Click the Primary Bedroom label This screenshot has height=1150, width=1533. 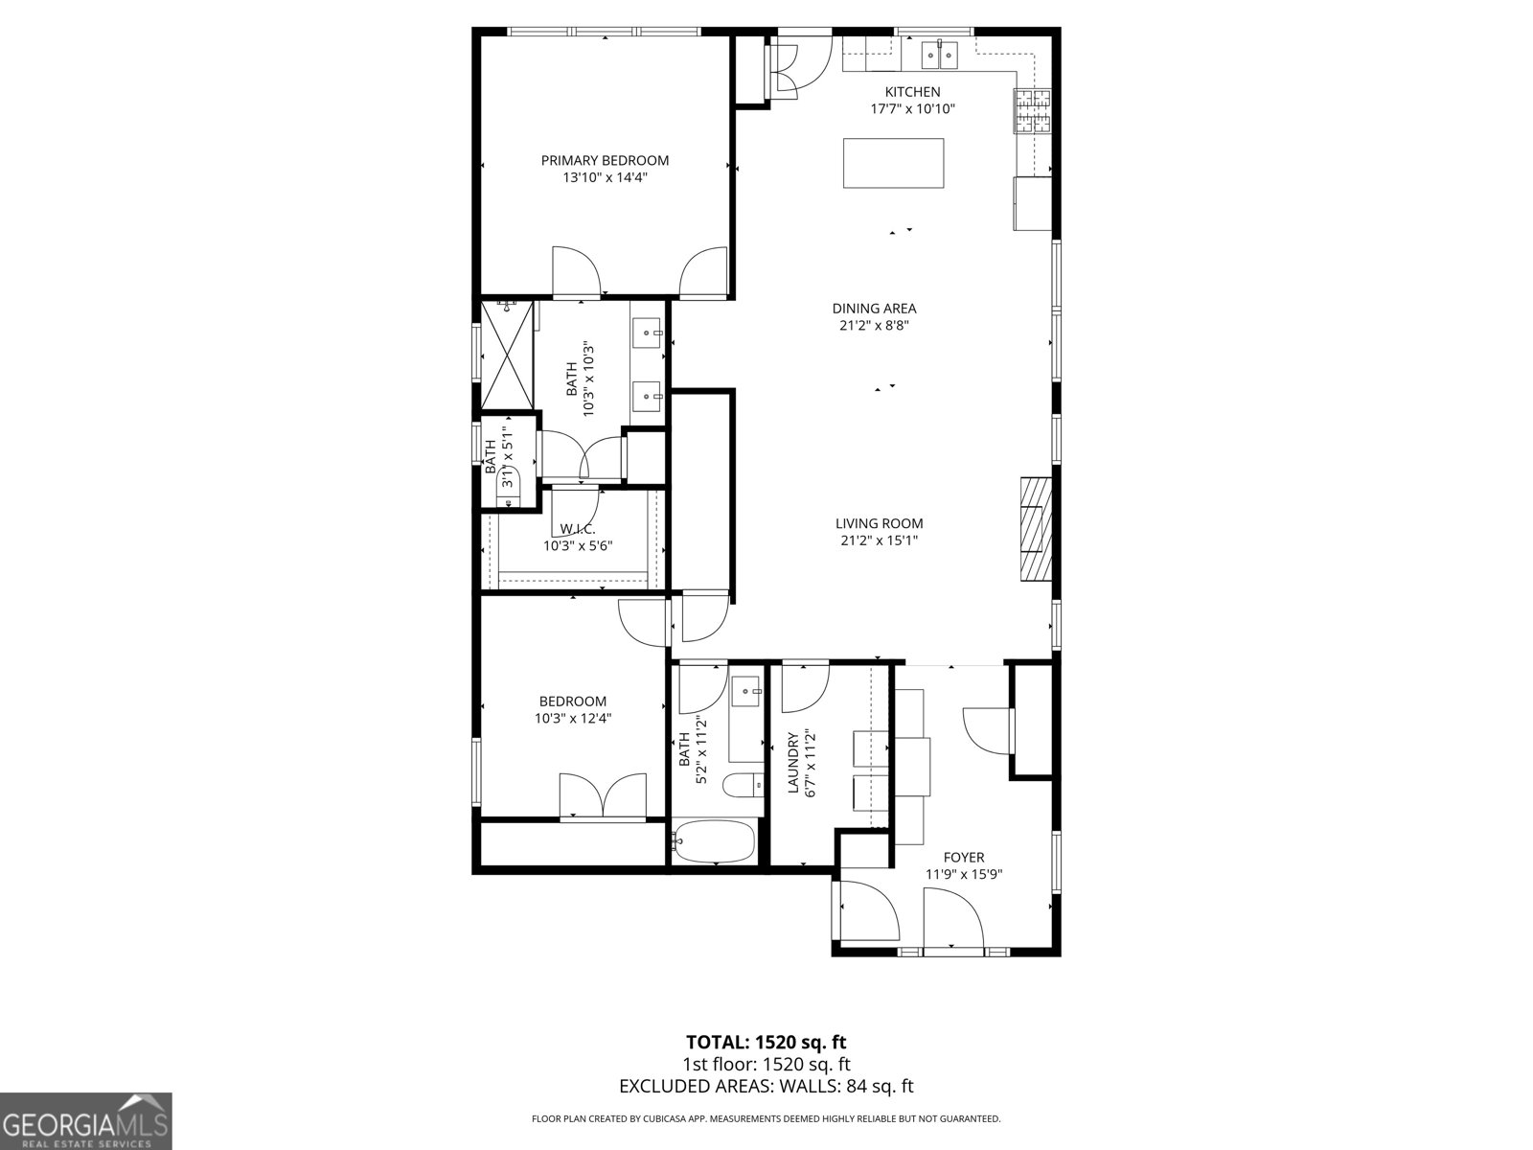point(605,160)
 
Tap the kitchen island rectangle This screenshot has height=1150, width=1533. point(893,163)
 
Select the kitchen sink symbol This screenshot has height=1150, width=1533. point(940,56)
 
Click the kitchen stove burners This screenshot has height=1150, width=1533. point(1033,110)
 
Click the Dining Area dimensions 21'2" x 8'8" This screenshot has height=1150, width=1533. point(874,325)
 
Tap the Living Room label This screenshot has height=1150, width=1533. point(879,523)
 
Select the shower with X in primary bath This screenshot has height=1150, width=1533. point(507,355)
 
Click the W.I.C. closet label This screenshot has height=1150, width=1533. point(578,529)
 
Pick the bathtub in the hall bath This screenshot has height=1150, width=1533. point(715,841)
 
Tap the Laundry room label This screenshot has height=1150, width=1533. point(792,764)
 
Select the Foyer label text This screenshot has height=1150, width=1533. point(963,857)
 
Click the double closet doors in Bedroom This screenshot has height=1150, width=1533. point(603,795)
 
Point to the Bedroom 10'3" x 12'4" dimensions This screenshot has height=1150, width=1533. point(572,718)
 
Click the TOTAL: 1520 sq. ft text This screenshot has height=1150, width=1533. point(766,1042)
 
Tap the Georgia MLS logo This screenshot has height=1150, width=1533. point(86,1120)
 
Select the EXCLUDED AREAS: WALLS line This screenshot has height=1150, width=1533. point(766,1086)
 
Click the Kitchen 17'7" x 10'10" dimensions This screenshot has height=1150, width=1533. point(912,108)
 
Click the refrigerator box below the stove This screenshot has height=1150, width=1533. point(1031,203)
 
